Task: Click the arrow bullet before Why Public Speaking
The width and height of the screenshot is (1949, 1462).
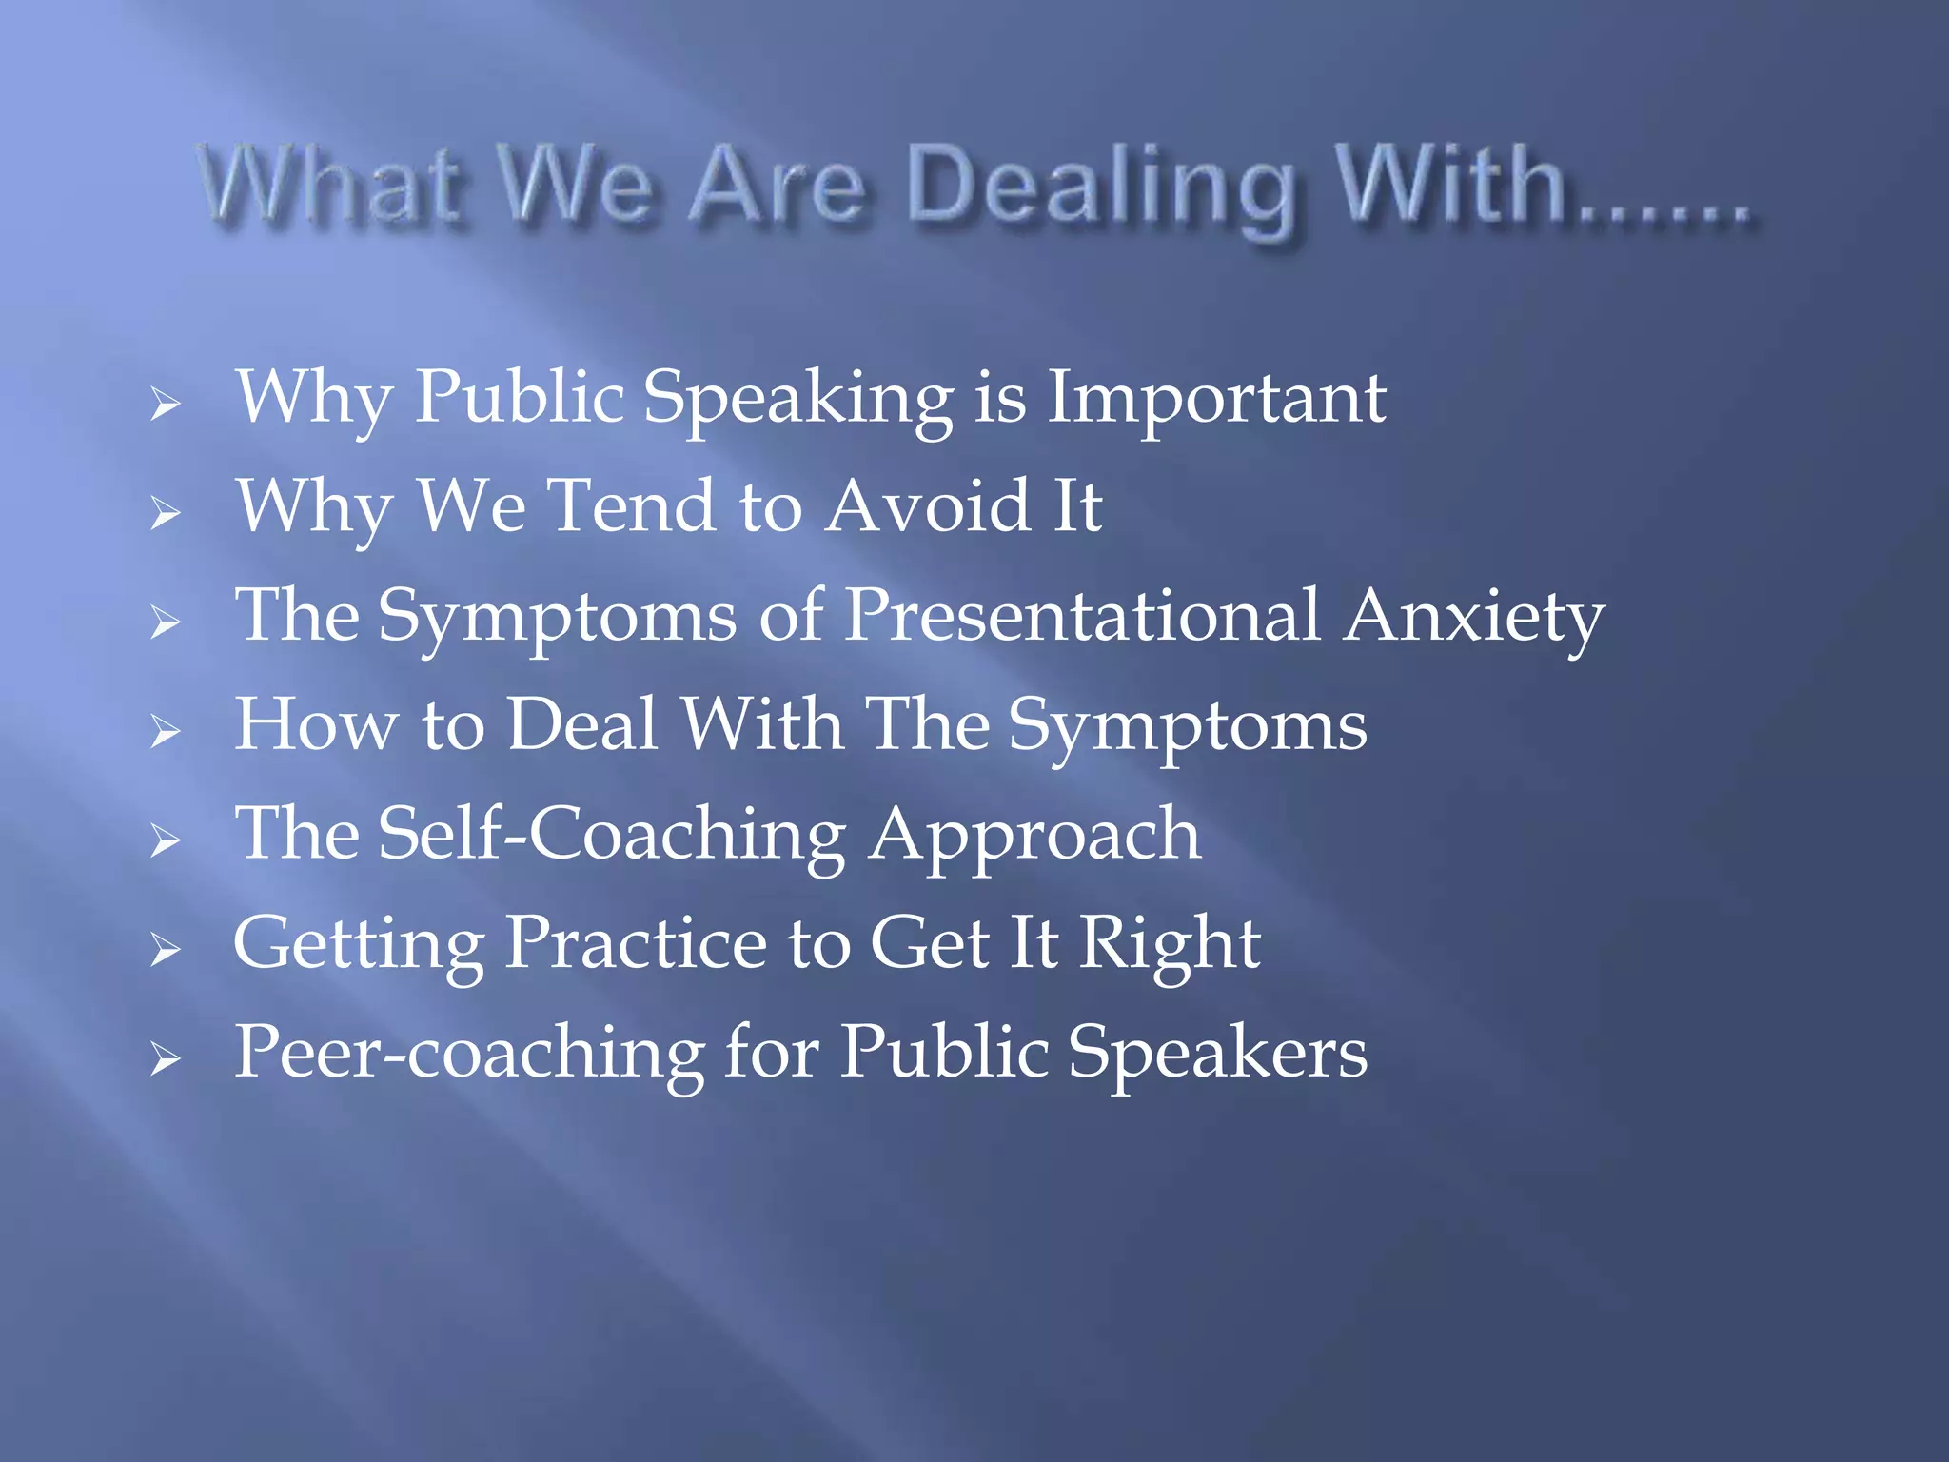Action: [x=165, y=405]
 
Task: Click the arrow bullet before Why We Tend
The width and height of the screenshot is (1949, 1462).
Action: [x=165, y=514]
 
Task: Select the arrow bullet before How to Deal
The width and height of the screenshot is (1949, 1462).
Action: [x=165, y=732]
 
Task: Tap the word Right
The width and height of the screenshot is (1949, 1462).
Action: [x=1170, y=945]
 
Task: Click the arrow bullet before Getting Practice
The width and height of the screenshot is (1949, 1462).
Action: [x=165, y=950]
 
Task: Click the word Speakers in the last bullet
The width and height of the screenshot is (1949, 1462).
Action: [x=1217, y=1053]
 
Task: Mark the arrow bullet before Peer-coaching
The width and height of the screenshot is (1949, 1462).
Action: [x=165, y=1058]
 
